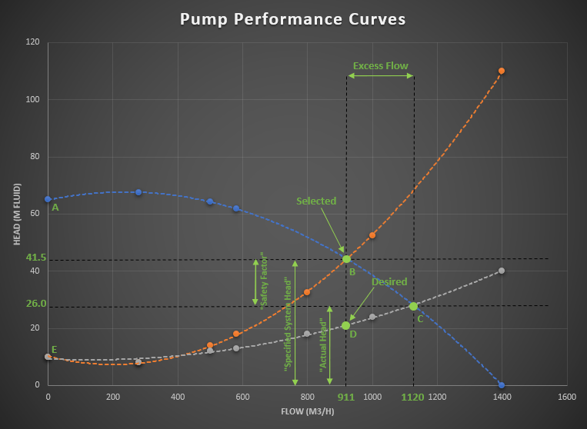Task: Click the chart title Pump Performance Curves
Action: [292, 18]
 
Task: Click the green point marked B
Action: [346, 259]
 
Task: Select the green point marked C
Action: [413, 306]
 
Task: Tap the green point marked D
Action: [345, 325]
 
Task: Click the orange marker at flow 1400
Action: [502, 71]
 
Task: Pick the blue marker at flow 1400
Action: [502, 385]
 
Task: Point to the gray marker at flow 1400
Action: [502, 271]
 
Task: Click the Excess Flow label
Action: [380, 66]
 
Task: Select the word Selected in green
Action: [316, 201]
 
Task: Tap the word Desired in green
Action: [389, 282]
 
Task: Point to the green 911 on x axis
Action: [346, 397]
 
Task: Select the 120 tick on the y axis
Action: [32, 42]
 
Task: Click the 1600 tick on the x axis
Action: [566, 397]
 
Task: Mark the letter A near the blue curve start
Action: [55, 207]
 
